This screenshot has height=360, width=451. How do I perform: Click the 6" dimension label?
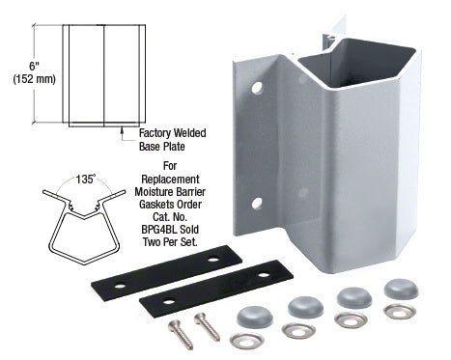pyautogui.click(x=34, y=66)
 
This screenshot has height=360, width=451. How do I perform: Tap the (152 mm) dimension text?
pyautogui.click(x=35, y=79)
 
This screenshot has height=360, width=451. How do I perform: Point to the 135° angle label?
pyautogui.click(x=86, y=179)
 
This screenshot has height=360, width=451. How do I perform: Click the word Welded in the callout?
pyautogui.click(x=189, y=133)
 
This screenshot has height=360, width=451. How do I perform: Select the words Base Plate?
pyautogui.click(x=162, y=147)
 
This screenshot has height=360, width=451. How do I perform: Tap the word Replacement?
pyautogui.click(x=170, y=179)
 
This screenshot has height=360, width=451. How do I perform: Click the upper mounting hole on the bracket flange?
pyautogui.click(x=257, y=88)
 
